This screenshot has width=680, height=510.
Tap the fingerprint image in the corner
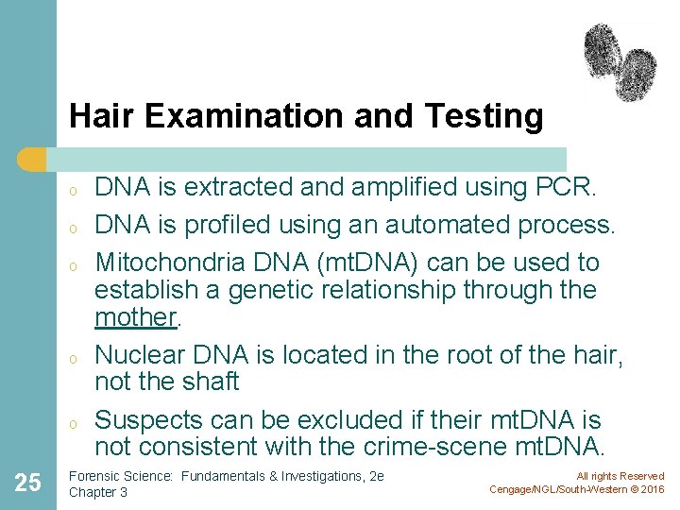(620, 61)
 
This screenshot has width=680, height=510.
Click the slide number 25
(28, 484)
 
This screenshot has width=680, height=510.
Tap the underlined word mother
(136, 317)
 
